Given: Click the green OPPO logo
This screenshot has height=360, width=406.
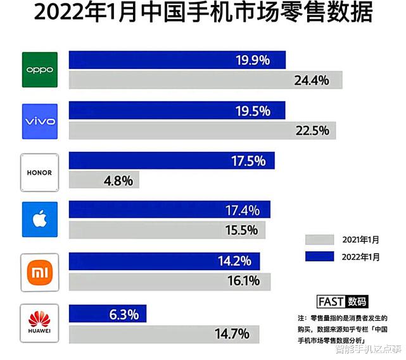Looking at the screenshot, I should point(40,70).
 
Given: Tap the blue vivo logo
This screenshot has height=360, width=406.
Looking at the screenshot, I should point(40,121).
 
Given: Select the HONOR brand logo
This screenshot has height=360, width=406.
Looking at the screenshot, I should point(40,172).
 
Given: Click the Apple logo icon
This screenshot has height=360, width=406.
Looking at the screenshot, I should point(40,220).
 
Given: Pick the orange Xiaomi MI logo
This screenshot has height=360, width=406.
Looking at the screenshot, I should point(40,272).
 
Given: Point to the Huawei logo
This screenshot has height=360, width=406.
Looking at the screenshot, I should point(40,323).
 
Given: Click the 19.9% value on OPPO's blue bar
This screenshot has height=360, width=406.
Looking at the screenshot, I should point(253,60).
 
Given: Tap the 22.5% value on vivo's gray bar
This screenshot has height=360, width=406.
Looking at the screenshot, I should point(311,130).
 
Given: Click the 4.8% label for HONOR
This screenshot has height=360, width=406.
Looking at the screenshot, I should point(118,180).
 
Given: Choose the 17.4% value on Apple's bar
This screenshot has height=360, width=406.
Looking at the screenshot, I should point(243,210).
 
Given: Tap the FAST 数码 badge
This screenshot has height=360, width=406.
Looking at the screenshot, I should point(342,301).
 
